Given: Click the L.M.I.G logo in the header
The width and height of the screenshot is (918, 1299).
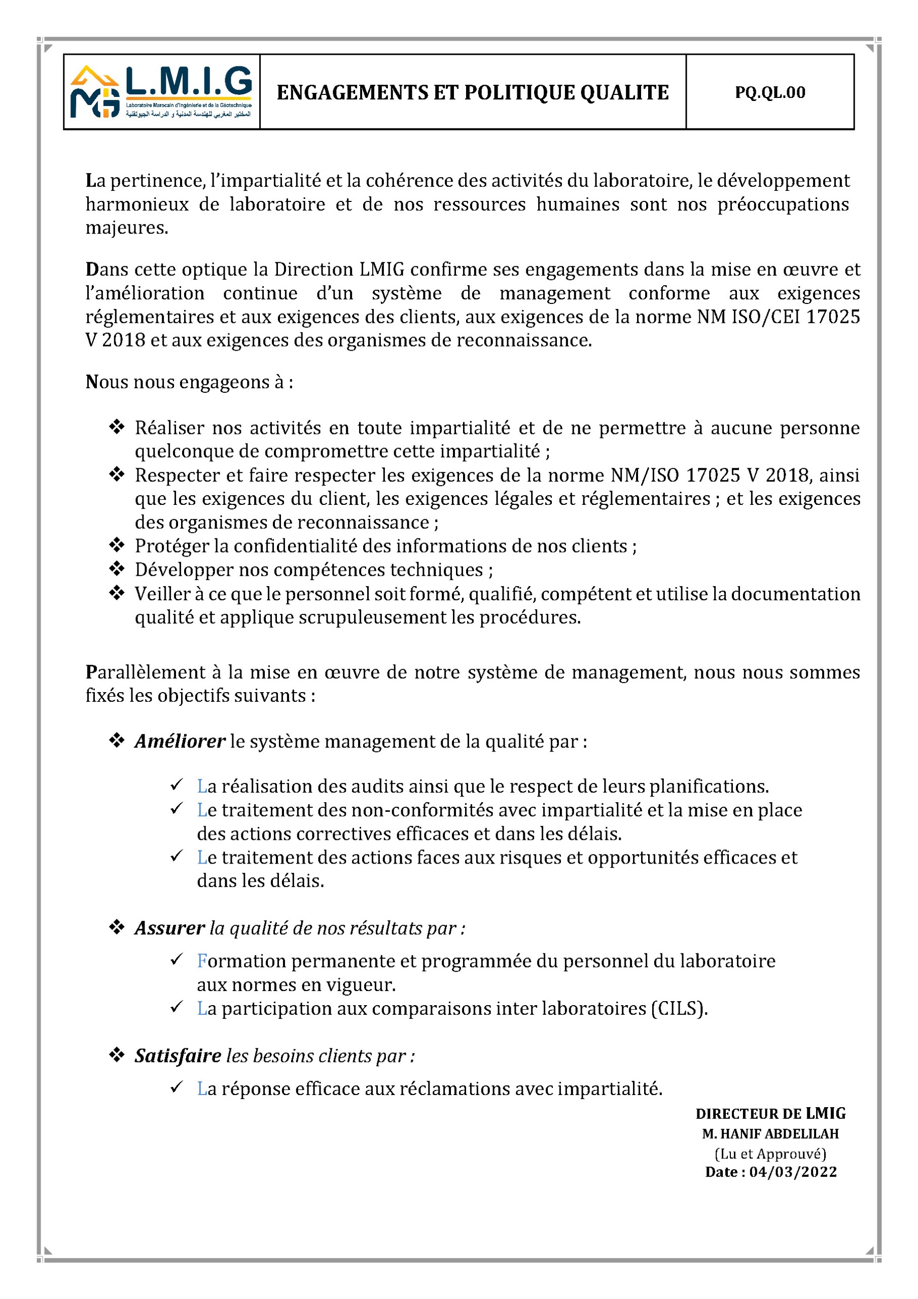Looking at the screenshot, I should point(161,92).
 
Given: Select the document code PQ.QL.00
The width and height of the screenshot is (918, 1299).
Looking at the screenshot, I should point(769,92).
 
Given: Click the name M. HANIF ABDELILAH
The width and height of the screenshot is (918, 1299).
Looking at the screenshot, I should point(770,1134).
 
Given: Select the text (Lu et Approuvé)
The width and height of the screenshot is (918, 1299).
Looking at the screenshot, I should point(770,1153).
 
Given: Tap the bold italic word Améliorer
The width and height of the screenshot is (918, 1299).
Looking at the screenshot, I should point(180,741).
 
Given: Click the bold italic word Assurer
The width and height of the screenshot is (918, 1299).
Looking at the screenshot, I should point(169,928).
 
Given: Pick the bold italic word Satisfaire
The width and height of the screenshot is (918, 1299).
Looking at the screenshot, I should point(178,1056).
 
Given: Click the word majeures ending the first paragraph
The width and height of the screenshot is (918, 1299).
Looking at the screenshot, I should point(127,227).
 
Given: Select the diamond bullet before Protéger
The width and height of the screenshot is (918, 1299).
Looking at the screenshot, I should point(117,545).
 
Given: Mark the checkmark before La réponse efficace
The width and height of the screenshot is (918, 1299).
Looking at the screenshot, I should point(176,1087).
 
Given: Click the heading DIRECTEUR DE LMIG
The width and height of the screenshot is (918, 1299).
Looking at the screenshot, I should point(770,1113).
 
